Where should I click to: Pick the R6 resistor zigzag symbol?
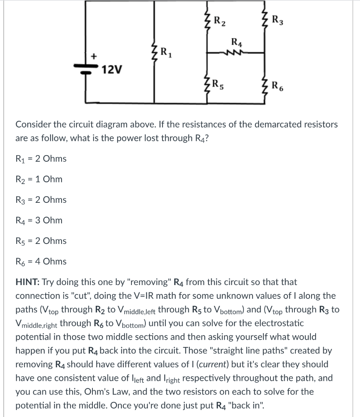(x=265, y=86)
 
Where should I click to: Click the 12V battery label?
(x=112, y=70)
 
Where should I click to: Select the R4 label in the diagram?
(x=236, y=42)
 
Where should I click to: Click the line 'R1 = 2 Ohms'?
(x=41, y=158)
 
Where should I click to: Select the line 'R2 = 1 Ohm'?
(x=39, y=179)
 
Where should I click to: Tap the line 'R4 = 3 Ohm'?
(x=39, y=220)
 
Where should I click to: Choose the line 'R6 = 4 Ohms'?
(x=41, y=261)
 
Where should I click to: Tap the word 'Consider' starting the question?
(x=33, y=125)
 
